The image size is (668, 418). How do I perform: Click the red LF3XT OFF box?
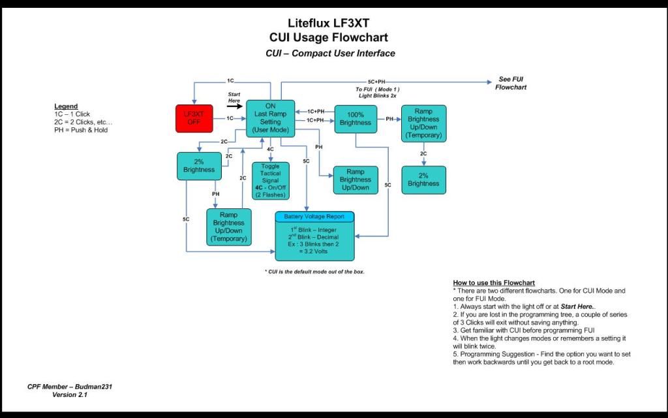[x=195, y=118]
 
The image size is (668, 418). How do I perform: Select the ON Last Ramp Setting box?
[x=270, y=118]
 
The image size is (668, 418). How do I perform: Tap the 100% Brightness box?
[x=356, y=119]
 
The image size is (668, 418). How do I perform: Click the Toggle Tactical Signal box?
[x=270, y=180]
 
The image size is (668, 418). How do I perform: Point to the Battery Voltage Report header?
[x=314, y=216]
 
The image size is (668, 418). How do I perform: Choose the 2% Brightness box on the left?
[x=199, y=166]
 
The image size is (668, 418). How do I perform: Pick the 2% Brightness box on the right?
[x=423, y=180]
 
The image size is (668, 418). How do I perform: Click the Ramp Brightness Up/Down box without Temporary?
[x=355, y=180]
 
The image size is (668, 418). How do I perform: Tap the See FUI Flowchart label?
[x=511, y=83]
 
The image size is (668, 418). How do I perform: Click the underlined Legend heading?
[x=66, y=106]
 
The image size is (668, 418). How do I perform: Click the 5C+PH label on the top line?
[x=376, y=82]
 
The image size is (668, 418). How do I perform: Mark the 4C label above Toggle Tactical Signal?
[x=270, y=150]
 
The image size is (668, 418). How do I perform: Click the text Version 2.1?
[x=70, y=394]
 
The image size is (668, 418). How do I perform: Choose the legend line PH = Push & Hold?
[x=81, y=130]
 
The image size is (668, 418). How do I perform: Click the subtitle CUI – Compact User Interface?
[x=330, y=54]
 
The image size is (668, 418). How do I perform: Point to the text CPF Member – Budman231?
[x=70, y=387]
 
